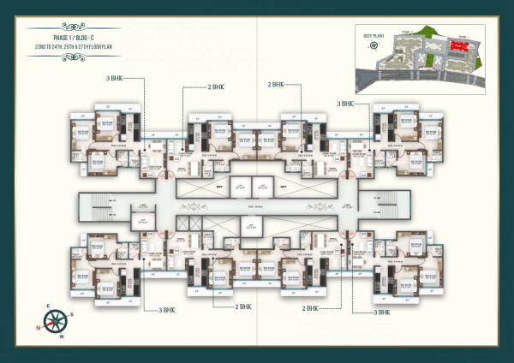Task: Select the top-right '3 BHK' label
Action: (346, 103)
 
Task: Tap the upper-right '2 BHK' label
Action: (276, 85)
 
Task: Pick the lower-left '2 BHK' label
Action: (244, 306)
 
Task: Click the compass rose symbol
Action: (57, 322)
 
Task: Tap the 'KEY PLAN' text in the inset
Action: (374, 37)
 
